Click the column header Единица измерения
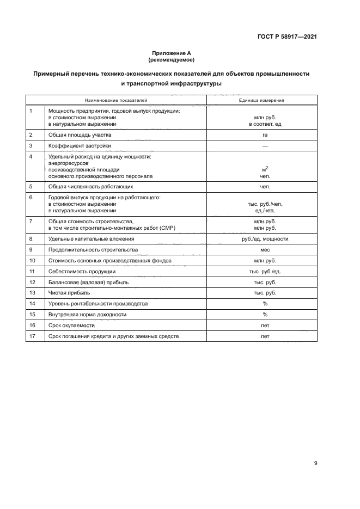coord(261,100)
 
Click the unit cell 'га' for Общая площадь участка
coord(265,134)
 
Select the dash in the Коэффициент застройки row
coord(265,146)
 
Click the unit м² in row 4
coord(265,169)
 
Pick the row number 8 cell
coord(31,238)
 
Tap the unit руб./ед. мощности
coord(265,238)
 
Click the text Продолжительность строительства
coord(93,250)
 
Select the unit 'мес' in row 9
coord(265,250)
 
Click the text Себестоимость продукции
coord(82,271)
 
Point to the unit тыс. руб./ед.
coord(265,271)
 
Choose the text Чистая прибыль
coord(69,293)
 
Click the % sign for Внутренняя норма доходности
coord(265,315)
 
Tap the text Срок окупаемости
coord(71,325)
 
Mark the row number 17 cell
coord(32,336)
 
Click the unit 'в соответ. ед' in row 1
coord(265,124)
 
